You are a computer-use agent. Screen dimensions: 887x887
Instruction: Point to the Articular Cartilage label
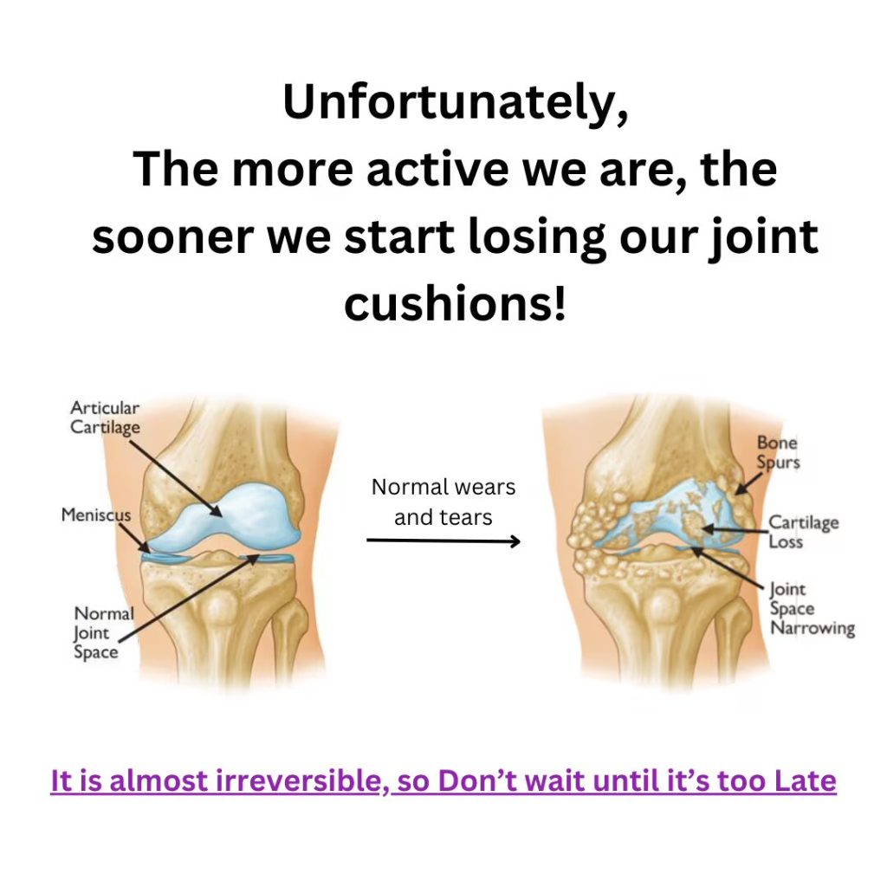[105, 418]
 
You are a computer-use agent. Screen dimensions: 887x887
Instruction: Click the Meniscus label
[95, 515]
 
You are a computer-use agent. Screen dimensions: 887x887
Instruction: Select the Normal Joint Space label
[104, 632]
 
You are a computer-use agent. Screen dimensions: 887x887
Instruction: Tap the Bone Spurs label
[779, 452]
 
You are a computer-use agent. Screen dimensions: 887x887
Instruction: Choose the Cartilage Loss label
[803, 532]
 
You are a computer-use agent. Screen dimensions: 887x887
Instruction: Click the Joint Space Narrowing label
[812, 609]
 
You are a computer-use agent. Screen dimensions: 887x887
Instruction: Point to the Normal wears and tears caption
[443, 502]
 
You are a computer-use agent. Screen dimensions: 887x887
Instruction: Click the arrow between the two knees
[443, 541]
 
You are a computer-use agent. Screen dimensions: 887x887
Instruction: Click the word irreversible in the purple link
[299, 780]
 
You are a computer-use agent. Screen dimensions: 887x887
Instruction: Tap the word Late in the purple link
[805, 780]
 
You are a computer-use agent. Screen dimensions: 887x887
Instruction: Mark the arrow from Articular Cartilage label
[175, 478]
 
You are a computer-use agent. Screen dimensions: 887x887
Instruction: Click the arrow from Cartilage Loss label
[735, 530]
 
